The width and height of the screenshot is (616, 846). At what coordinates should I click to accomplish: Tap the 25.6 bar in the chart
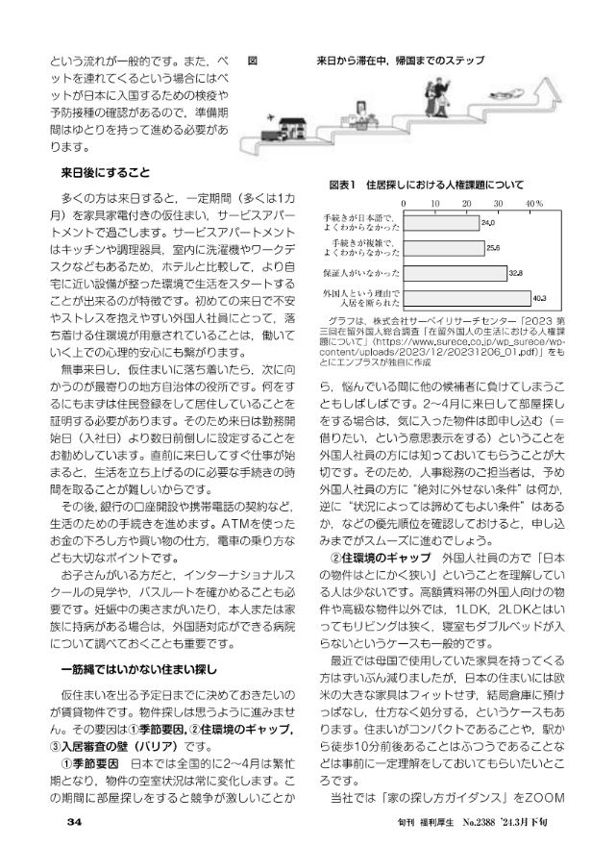click(x=444, y=248)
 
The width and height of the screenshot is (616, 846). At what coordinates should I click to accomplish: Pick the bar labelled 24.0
click(x=441, y=224)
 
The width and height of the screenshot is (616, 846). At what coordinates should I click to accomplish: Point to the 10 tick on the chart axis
click(x=435, y=205)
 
